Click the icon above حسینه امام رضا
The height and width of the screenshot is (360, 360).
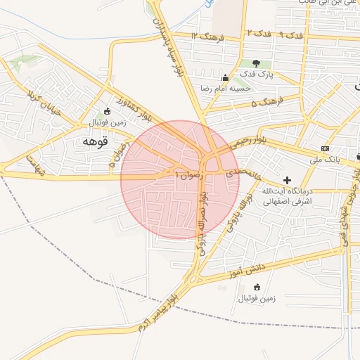pyautogui.click(x=225, y=78)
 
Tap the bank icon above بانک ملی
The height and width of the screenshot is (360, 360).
pyautogui.click(x=324, y=148)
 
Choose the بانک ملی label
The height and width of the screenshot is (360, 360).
pyautogui.click(x=324, y=159)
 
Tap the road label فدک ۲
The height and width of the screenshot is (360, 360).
pyautogui.click(x=255, y=34)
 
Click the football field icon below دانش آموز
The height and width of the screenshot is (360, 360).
pyautogui.click(x=257, y=286)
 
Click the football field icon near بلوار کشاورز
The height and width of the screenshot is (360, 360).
pyautogui.click(x=106, y=111)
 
